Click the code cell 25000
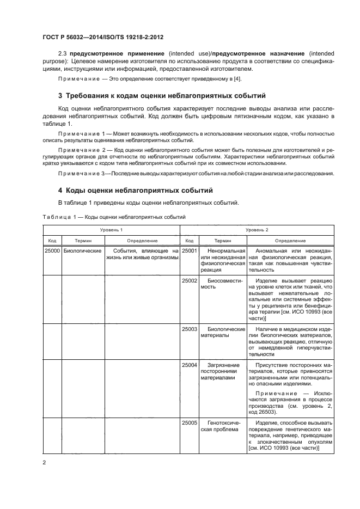[52, 251]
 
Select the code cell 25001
[188, 251]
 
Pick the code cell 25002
[188, 280]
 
